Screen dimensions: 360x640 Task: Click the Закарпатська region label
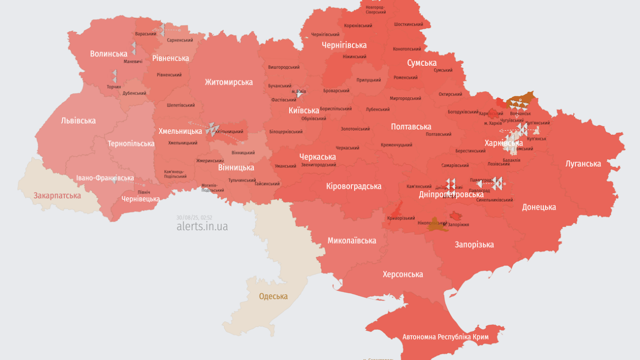57,195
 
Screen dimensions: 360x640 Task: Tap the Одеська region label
273,296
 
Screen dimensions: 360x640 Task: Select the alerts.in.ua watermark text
202,226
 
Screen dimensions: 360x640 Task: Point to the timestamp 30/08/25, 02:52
194,217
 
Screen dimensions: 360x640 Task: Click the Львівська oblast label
78,120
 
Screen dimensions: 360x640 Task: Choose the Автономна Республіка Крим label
445,336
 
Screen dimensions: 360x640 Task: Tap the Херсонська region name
402,274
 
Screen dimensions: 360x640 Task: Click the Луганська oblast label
583,163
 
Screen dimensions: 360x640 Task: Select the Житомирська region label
228,82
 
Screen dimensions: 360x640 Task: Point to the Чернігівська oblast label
344,45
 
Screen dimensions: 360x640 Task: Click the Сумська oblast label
421,63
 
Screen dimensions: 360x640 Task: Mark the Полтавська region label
411,126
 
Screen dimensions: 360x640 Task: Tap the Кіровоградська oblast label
353,186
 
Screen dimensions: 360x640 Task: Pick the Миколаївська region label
351,240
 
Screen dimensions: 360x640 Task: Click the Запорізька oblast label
474,244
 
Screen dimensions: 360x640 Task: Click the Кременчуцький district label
396,145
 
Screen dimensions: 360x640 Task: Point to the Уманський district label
285,166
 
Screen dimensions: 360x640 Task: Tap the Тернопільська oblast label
131,143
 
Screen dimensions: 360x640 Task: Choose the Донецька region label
539,207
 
